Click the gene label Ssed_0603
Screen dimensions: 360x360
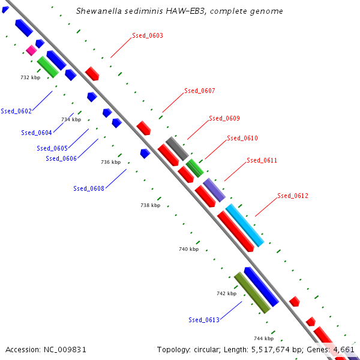pos(148,36)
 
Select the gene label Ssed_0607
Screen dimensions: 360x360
pos(199,91)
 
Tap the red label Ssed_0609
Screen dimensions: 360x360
pos(224,119)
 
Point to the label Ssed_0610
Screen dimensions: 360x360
pos(242,139)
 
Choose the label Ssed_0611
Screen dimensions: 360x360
pos(262,161)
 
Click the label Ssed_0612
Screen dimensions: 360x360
pos(293,196)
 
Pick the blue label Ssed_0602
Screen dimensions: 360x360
pos(16,111)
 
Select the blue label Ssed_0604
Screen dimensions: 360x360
pos(37,133)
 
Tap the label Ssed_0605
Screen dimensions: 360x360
pos(52,149)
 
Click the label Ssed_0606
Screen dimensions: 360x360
pos(61,159)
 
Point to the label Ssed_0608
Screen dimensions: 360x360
pos(89,189)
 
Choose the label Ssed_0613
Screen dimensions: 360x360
pos(204,320)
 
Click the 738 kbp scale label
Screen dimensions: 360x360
pos(151,206)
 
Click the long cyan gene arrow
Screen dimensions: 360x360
pos(245,225)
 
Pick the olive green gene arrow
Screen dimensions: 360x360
pos(251,293)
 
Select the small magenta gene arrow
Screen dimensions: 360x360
pos(31,50)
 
